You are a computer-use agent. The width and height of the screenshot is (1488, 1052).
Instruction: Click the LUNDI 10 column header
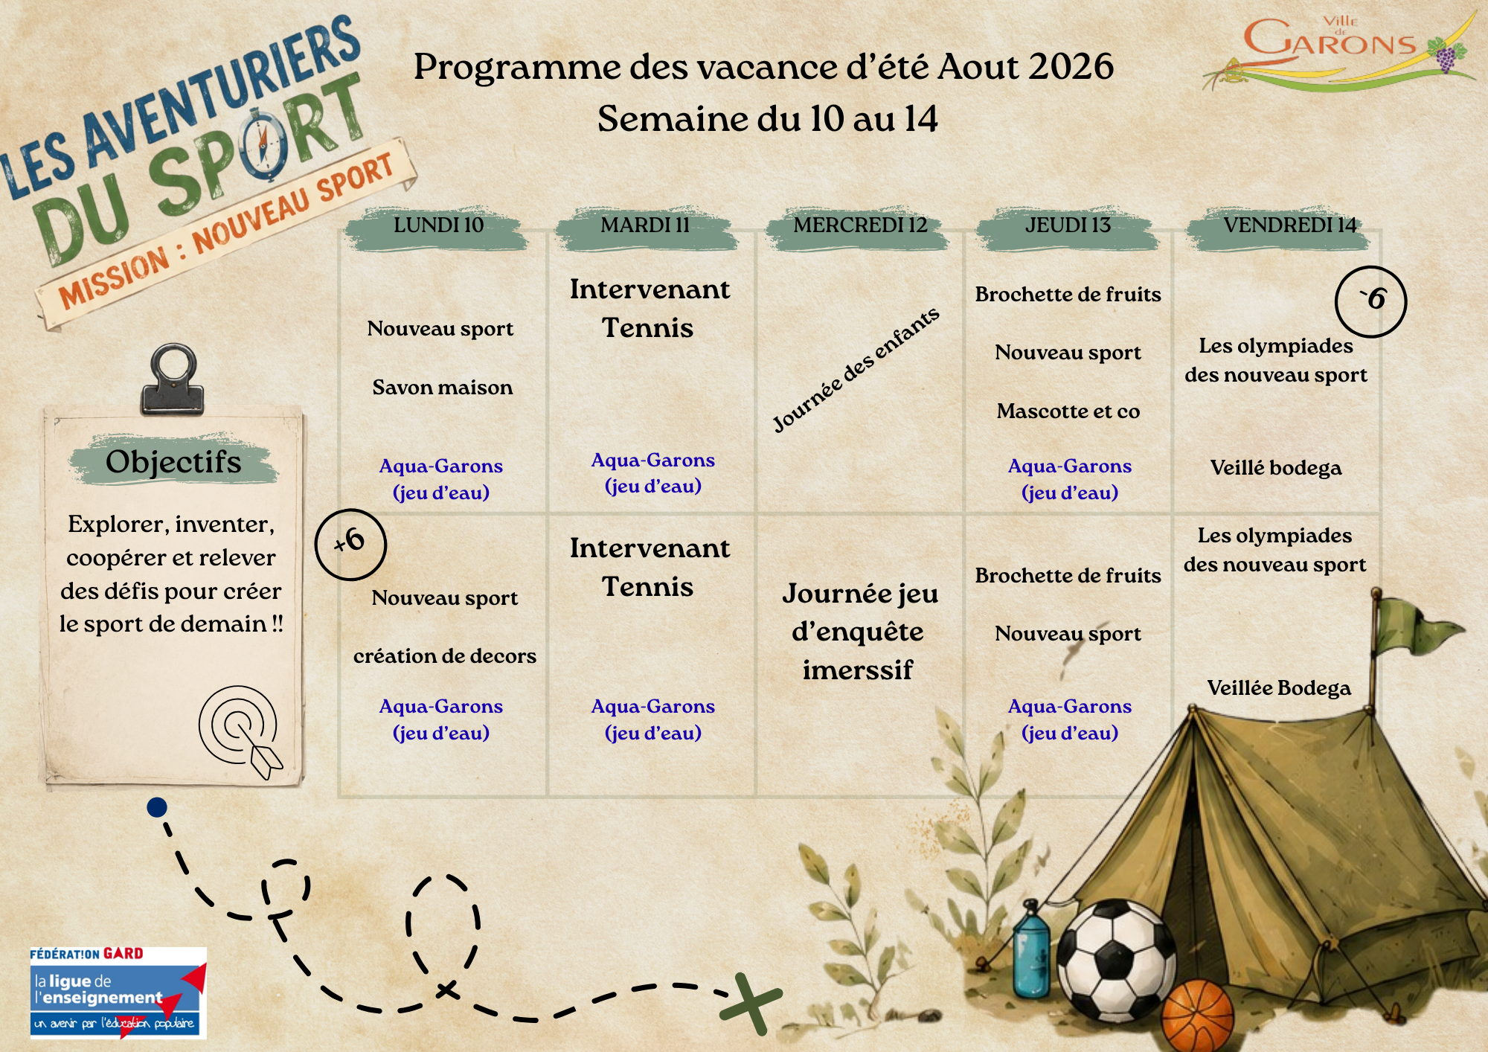pos(438,225)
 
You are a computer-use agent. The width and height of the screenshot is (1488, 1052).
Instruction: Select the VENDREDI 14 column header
pos(1289,225)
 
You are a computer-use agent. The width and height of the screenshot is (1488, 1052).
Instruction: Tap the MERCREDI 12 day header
pos(860,225)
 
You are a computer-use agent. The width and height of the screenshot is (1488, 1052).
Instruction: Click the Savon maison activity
pos(443,388)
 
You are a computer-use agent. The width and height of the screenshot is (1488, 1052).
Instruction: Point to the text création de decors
pos(445,656)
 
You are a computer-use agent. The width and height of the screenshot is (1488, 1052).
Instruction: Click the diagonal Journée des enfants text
pos(856,370)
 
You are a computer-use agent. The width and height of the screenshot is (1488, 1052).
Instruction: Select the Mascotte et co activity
pos(1068,411)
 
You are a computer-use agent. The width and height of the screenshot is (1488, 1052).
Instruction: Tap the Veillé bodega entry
pos(1276,468)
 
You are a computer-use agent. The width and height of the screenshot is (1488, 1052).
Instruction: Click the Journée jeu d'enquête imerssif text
pos(859,632)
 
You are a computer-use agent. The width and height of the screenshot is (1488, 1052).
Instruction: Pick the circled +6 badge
pos(350,545)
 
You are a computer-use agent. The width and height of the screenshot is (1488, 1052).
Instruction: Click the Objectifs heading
pos(173,462)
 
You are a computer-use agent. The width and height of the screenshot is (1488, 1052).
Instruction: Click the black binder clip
pos(173,378)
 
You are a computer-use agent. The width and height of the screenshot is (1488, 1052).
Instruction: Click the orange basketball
pos(1197,1016)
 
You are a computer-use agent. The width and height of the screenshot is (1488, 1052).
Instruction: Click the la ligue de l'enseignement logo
pos(118,992)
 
